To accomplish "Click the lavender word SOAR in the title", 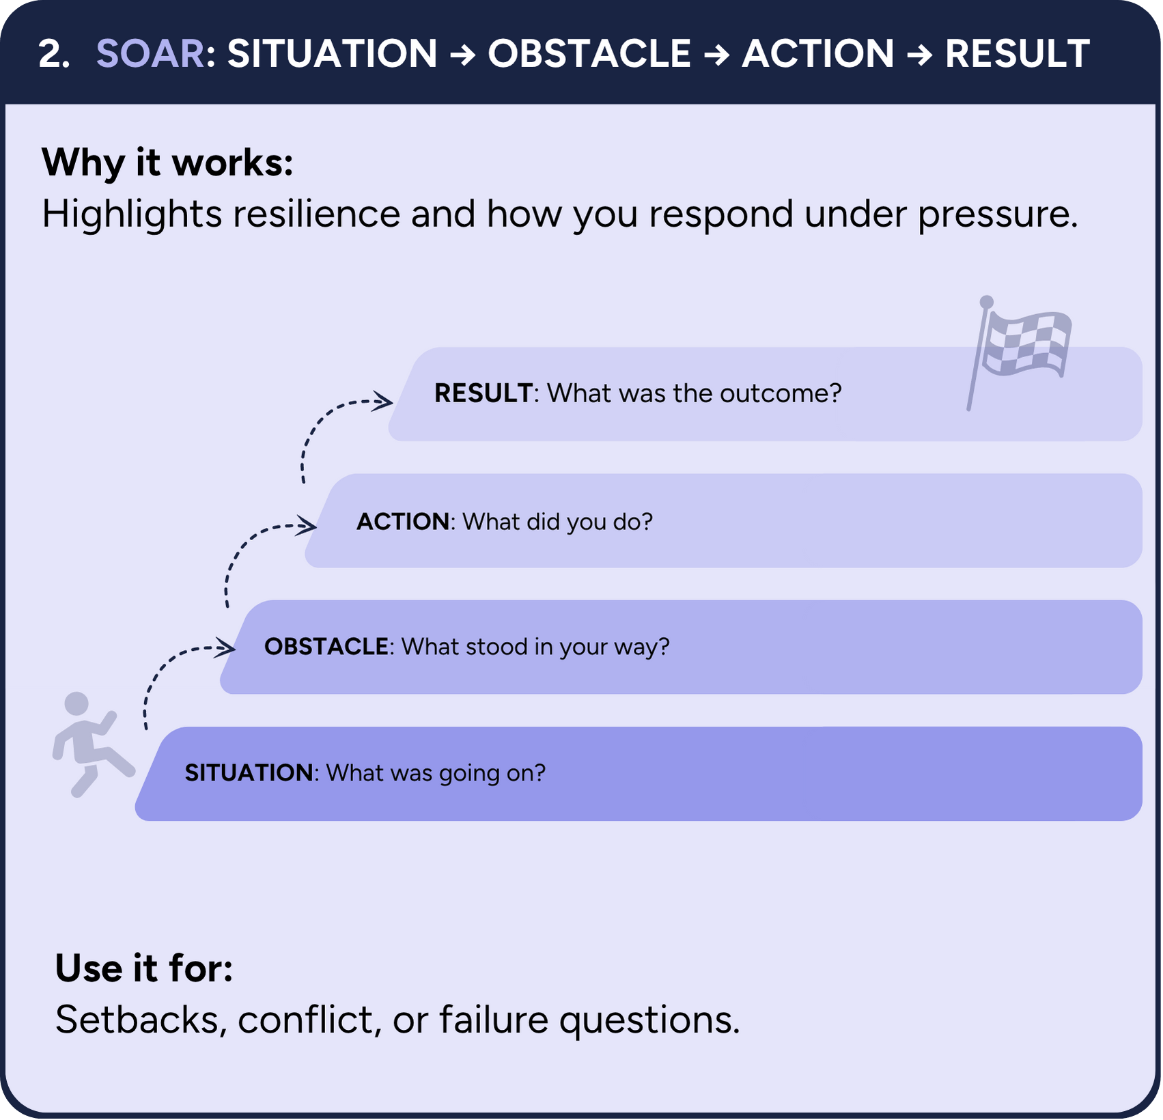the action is pyautogui.click(x=150, y=53).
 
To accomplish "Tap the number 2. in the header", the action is pyautogui.click(x=55, y=53).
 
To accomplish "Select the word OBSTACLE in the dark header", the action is pyautogui.click(x=589, y=53).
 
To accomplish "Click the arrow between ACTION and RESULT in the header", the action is pyautogui.click(x=919, y=55).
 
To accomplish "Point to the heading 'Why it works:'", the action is pyautogui.click(x=167, y=163).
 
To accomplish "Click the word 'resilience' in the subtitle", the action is pyautogui.click(x=316, y=214).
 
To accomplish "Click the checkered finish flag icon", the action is pyautogui.click(x=1019, y=352).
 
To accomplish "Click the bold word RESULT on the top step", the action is pyautogui.click(x=484, y=393).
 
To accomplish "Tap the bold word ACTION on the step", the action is pyautogui.click(x=403, y=522).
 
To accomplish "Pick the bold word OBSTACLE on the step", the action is pyautogui.click(x=326, y=647).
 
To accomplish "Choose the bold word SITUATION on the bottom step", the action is pyautogui.click(x=249, y=773).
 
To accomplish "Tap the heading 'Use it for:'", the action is pyautogui.click(x=144, y=968).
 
